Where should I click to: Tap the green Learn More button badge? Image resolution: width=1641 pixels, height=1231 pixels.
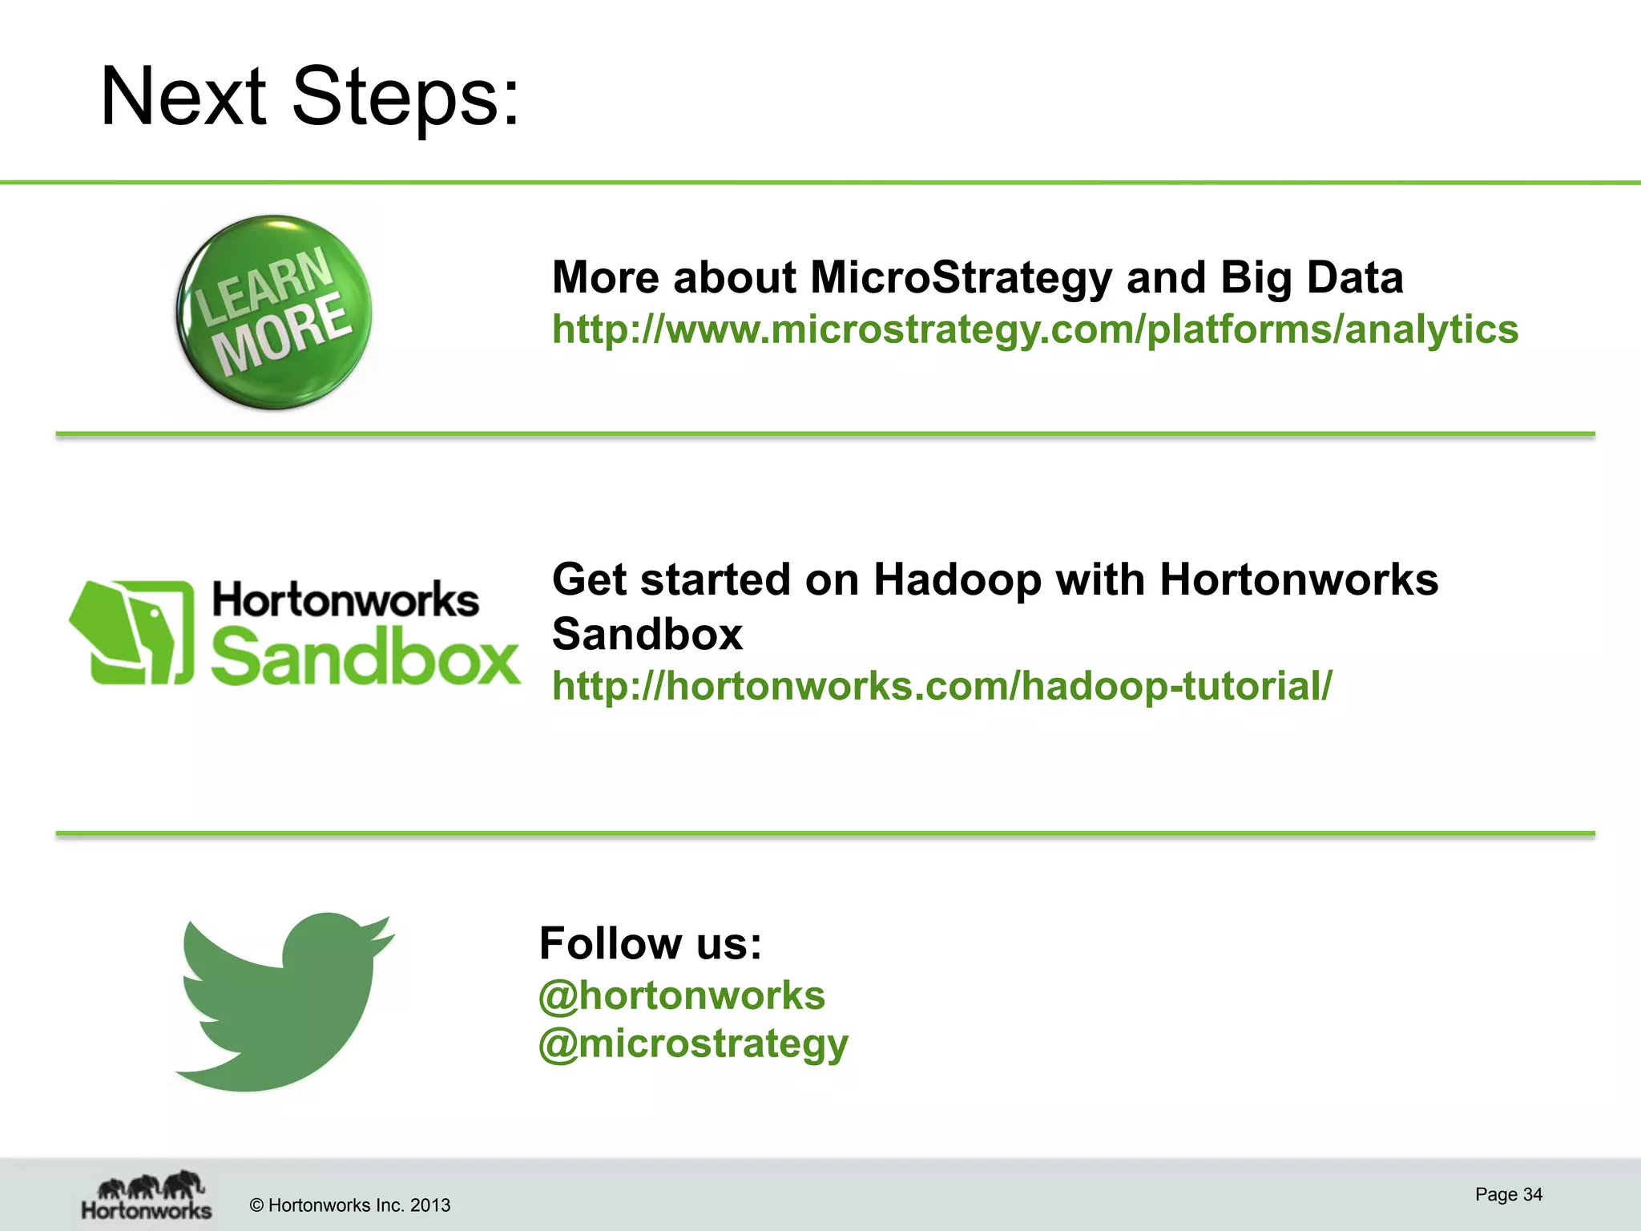click(274, 313)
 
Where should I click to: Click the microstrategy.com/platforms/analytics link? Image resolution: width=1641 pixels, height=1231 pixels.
click(1034, 329)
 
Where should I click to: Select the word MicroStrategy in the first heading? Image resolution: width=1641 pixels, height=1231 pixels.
click(961, 277)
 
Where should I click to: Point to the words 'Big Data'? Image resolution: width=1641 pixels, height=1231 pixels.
click(1312, 277)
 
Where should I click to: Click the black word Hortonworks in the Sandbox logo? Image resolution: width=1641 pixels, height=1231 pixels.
click(345, 600)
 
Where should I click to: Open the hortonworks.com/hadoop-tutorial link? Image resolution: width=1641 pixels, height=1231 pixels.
click(941, 686)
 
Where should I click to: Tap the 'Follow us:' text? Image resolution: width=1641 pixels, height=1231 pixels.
click(650, 943)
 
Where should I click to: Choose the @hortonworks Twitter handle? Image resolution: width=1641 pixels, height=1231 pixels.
click(681, 995)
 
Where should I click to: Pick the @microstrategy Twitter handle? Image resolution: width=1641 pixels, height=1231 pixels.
click(693, 1044)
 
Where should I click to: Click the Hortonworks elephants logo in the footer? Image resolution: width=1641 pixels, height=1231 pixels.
click(147, 1196)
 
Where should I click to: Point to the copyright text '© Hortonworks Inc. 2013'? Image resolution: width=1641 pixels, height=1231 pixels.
click(350, 1205)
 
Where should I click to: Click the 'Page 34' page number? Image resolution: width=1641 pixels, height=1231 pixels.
click(1508, 1194)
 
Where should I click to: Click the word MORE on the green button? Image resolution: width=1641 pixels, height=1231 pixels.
click(282, 335)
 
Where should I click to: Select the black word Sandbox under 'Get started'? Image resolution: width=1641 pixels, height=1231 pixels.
click(647, 634)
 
